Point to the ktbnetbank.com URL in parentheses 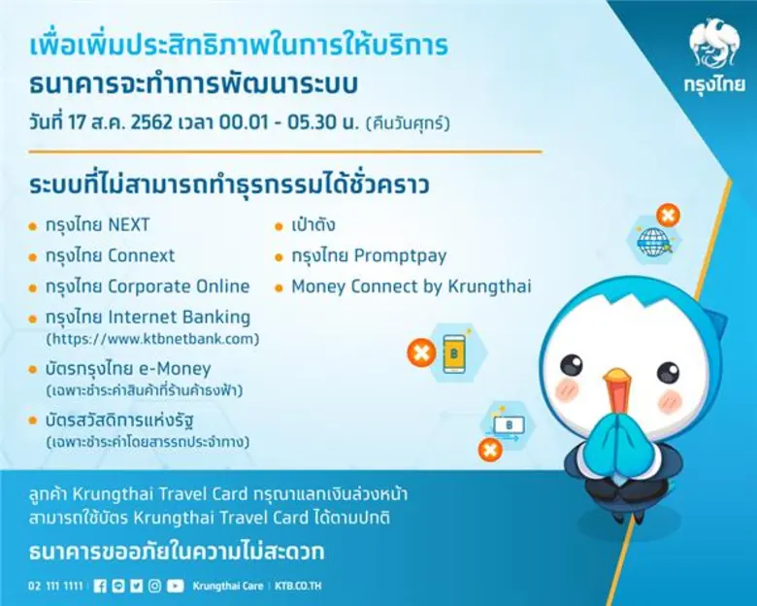[x=152, y=339]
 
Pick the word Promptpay [x=398, y=256]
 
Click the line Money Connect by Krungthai [x=411, y=286]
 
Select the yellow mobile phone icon [x=453, y=353]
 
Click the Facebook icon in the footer [x=101, y=586]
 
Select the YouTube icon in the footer [x=175, y=586]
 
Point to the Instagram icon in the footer [x=154, y=586]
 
